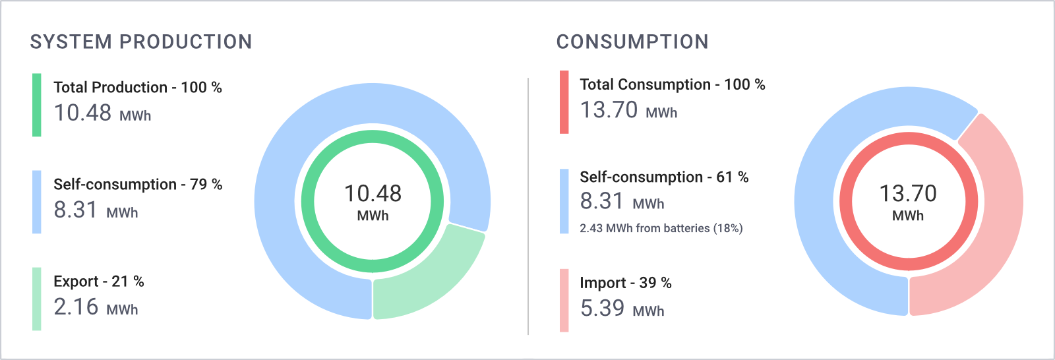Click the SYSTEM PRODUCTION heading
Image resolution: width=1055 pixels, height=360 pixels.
click(141, 42)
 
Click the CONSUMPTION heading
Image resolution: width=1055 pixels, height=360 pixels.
click(632, 42)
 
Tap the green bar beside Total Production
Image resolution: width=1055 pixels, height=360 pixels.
click(37, 105)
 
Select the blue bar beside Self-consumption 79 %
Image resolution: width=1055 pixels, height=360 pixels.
click(37, 202)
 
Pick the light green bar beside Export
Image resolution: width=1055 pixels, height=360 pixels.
click(37, 299)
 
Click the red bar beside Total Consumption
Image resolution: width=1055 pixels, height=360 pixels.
click(564, 102)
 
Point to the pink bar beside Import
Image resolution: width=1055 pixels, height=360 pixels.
click(564, 301)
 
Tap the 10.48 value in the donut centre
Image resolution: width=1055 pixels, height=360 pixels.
click(373, 194)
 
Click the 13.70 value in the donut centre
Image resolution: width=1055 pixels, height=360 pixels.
click(908, 194)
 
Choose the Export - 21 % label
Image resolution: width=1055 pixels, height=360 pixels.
click(99, 282)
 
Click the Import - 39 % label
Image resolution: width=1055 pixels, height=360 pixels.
click(626, 283)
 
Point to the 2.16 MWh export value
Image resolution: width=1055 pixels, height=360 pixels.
click(96, 307)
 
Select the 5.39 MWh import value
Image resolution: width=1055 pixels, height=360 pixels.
click(622, 308)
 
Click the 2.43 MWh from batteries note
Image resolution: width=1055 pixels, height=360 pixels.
click(661, 229)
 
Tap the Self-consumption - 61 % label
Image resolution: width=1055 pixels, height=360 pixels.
click(664, 177)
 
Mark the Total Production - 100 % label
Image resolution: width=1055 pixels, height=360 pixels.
click(138, 88)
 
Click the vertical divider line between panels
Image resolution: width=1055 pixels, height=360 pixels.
click(528, 206)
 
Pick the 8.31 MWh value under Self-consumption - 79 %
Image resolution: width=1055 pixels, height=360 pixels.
click(96, 210)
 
